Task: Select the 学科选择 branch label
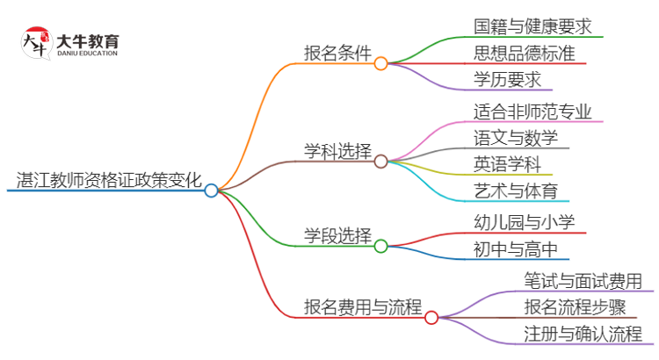[337, 150]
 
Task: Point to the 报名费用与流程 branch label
[362, 307]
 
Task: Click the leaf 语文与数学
[515, 138]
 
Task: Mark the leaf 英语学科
[507, 164]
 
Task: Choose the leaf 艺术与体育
[515, 191]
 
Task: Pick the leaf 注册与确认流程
[583, 334]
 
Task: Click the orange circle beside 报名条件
[380, 63]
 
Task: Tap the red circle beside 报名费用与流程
[431, 317]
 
